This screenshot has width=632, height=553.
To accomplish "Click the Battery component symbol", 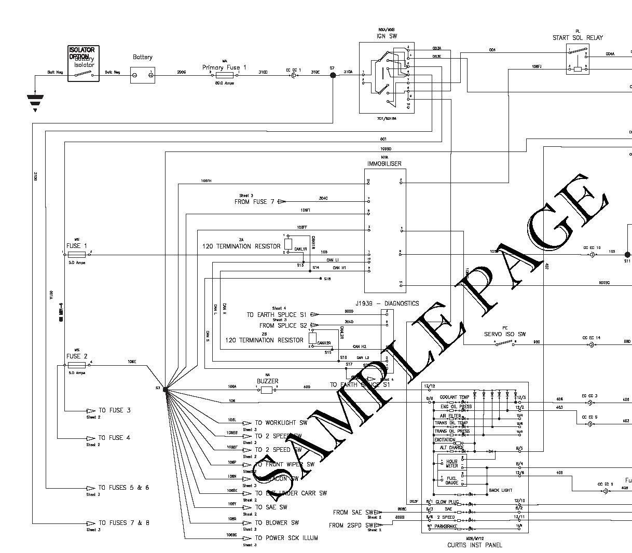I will (142, 75).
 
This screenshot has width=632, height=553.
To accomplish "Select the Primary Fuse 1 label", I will (224, 67).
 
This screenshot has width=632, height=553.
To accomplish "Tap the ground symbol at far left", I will (35, 102).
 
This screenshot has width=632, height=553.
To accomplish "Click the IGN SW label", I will (387, 36).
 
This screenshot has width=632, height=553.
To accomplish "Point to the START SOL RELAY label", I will (578, 38).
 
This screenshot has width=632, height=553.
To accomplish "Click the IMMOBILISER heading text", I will (384, 164).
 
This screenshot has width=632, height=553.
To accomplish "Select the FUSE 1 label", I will (77, 246).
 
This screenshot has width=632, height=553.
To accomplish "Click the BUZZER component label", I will (268, 381).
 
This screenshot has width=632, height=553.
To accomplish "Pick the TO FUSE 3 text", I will (115, 410).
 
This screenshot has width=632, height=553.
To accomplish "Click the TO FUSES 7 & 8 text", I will (123, 523).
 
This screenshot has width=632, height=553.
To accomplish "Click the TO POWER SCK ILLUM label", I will (286, 538).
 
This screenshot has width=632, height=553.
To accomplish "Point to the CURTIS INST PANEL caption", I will (475, 545).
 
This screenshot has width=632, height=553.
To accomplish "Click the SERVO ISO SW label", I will (505, 334).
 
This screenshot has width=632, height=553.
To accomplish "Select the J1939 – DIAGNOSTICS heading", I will (387, 303).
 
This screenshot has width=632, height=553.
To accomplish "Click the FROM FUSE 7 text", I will (255, 202).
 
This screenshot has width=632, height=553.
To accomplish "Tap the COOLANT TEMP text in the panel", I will (455, 397).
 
